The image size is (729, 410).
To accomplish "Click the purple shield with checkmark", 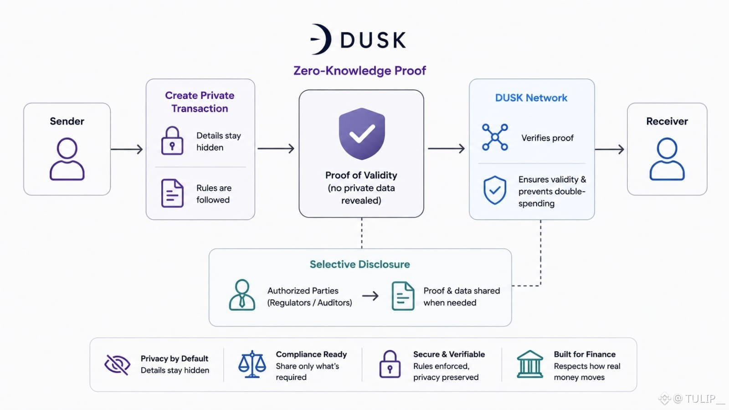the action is [x=362, y=133].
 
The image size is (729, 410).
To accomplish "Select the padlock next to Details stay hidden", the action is [x=172, y=141].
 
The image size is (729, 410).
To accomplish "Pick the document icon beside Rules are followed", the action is [x=172, y=193].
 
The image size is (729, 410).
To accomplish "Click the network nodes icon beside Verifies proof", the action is [x=495, y=137].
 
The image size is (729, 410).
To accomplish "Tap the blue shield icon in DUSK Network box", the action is [x=495, y=190].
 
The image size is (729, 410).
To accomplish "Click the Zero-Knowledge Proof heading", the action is [x=359, y=71].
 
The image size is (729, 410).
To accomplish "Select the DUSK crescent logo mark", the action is [x=321, y=39].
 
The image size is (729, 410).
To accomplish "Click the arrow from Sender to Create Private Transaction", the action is [x=127, y=149].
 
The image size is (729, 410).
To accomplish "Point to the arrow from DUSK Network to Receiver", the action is [x=610, y=149].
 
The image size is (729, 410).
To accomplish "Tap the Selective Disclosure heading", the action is [x=359, y=264].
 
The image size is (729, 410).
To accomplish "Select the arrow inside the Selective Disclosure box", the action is [x=370, y=296].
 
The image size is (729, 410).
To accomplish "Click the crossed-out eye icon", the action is [x=118, y=364].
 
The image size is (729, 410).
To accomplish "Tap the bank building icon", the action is [x=530, y=364].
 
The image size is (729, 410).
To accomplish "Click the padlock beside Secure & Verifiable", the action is [x=390, y=364].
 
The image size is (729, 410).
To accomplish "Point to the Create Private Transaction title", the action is [x=200, y=102].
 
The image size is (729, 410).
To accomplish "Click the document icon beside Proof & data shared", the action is [x=403, y=296].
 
